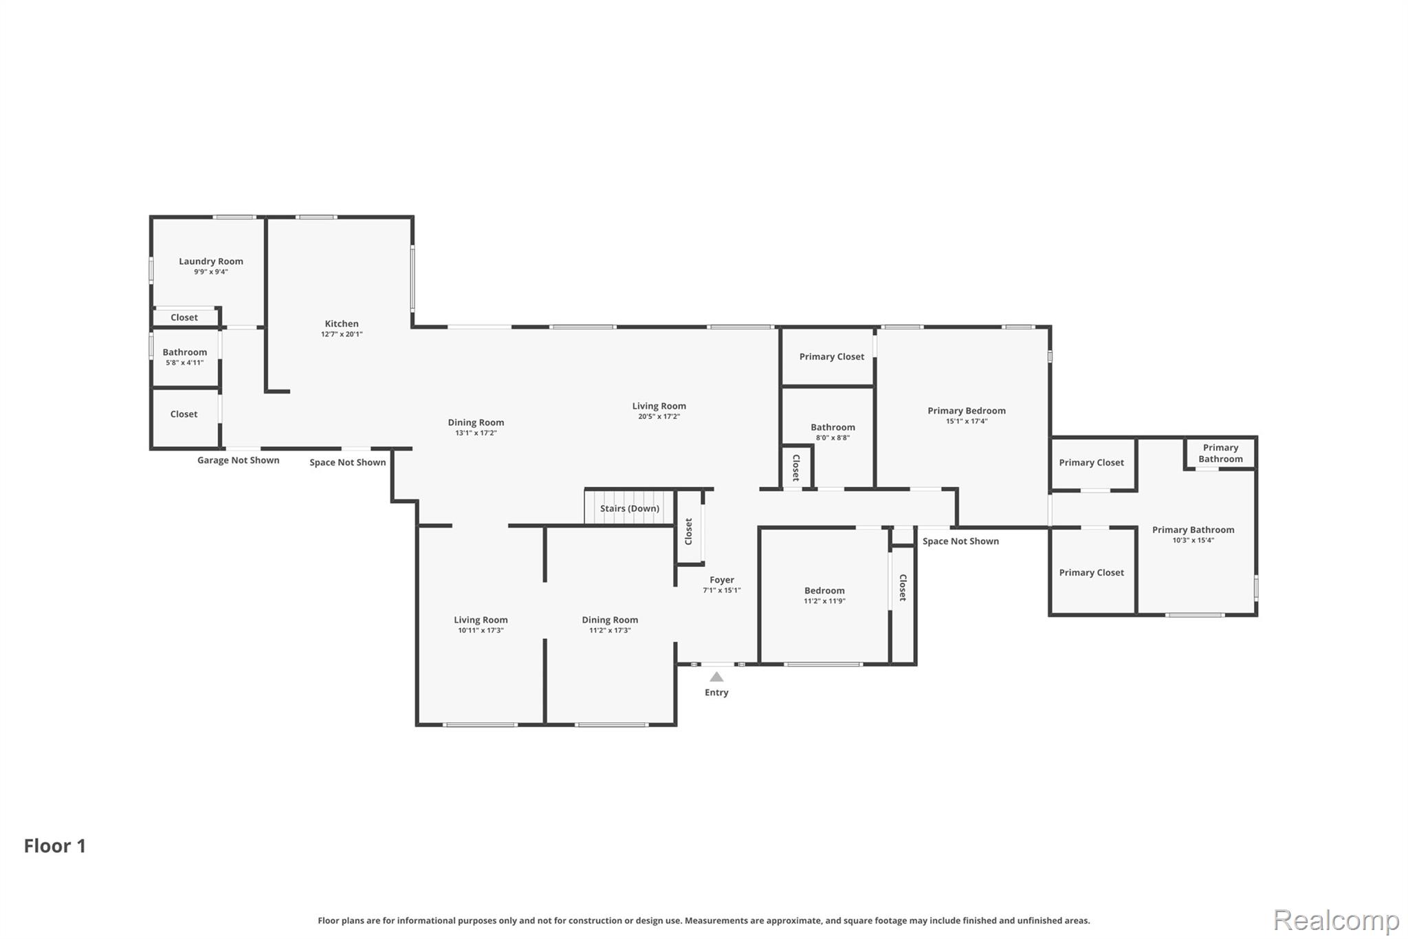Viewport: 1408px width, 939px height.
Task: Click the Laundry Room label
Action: click(211, 261)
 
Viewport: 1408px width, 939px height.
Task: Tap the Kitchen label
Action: click(342, 324)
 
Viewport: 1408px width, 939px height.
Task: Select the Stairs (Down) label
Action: click(630, 508)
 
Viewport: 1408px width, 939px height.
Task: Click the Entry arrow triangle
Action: click(716, 677)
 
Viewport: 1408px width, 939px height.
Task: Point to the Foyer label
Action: click(722, 580)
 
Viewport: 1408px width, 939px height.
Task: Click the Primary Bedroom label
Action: click(967, 411)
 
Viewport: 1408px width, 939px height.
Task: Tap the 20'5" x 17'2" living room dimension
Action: click(659, 416)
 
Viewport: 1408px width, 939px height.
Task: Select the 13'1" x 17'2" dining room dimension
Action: click(476, 433)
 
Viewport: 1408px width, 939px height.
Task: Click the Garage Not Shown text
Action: click(239, 460)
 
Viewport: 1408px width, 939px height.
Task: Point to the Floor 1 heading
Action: click(55, 846)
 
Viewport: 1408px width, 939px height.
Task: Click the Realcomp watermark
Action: click(1336, 920)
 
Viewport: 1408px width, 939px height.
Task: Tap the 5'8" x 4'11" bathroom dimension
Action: click(185, 363)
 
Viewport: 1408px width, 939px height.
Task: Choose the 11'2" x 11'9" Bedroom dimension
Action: click(825, 601)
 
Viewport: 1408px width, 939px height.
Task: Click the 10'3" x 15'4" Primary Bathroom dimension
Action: click(1193, 540)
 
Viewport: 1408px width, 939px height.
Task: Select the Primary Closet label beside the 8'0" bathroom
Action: click(832, 356)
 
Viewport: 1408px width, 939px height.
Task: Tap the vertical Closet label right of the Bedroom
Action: click(903, 588)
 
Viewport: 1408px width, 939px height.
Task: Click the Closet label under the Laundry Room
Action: click(184, 317)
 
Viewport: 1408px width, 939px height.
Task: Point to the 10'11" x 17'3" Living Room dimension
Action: click(481, 630)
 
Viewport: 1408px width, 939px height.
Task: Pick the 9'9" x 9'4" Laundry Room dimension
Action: click(211, 272)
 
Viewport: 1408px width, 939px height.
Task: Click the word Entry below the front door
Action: click(716, 693)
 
